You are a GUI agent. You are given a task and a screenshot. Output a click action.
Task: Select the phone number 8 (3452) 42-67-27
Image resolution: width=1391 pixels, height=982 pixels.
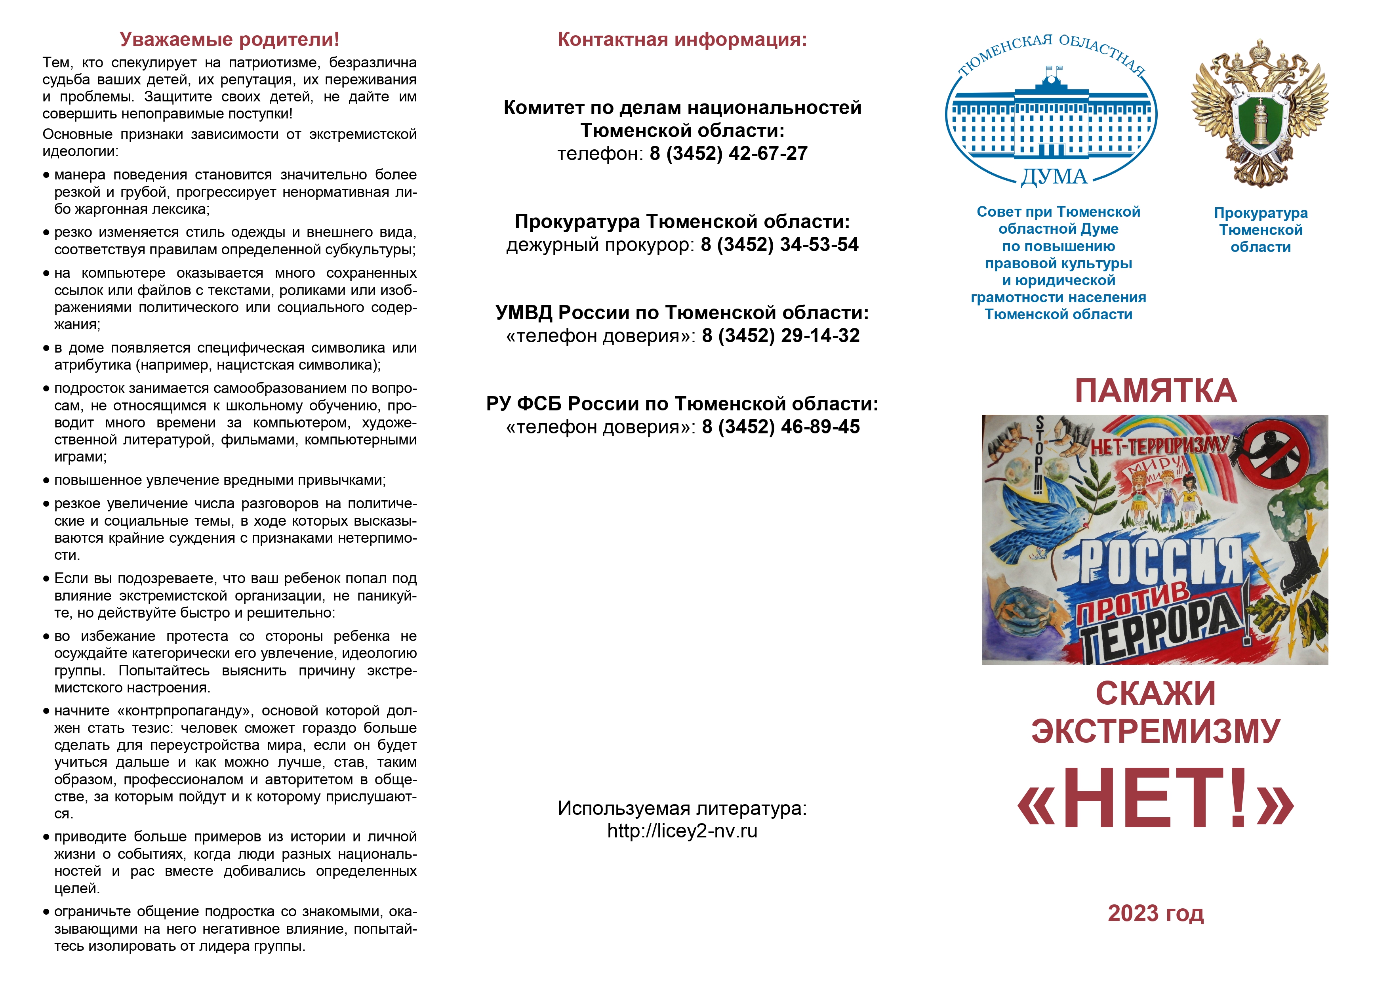(x=728, y=154)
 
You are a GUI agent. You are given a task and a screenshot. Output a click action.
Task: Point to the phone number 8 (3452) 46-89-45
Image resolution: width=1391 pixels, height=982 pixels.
(x=780, y=427)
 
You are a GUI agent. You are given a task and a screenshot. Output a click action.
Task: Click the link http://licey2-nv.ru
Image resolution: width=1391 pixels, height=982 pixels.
(x=682, y=831)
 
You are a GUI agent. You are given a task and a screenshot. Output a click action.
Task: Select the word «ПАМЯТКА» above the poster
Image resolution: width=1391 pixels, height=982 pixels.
(x=1155, y=391)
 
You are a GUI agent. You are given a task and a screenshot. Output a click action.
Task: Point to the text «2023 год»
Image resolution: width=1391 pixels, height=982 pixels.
(x=1155, y=913)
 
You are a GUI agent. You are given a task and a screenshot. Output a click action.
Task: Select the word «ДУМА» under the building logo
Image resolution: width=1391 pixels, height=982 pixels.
(x=1054, y=177)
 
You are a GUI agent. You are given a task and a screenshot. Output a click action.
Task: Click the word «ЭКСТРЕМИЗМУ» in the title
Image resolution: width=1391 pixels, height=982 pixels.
(x=1155, y=731)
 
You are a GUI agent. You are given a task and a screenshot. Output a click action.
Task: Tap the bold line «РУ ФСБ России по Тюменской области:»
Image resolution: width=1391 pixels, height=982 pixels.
(x=682, y=404)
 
